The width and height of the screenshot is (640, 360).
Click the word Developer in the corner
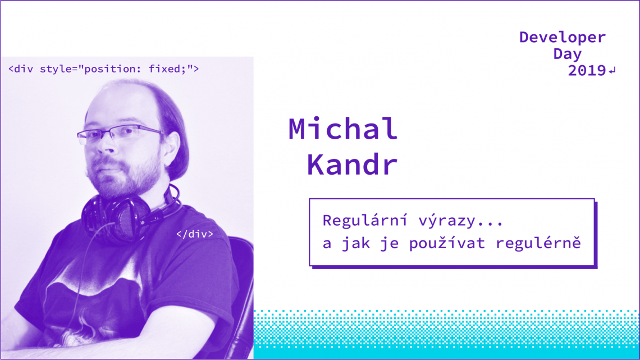tap(562, 38)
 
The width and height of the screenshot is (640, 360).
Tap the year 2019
tap(587, 71)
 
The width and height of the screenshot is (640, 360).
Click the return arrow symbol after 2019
tap(612, 71)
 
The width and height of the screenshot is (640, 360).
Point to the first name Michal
tap(343, 129)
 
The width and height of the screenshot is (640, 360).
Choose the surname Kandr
tap(352, 165)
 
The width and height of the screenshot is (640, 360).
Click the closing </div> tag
tap(195, 234)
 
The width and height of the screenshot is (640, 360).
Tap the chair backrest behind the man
tap(242, 281)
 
